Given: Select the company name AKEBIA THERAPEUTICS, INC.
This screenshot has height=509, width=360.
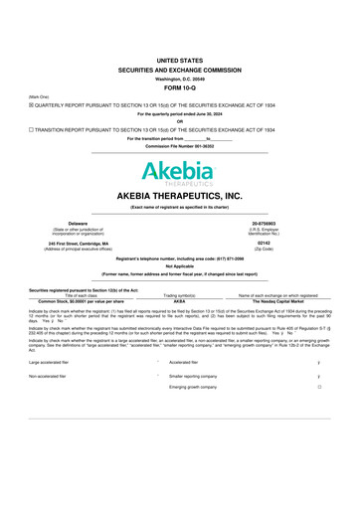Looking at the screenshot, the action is pyautogui.click(x=180, y=195).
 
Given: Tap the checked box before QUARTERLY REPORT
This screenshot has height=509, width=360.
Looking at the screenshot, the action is pyautogui.click(x=32, y=103).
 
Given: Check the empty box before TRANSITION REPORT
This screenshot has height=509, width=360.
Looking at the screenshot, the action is pyautogui.click(x=32, y=130).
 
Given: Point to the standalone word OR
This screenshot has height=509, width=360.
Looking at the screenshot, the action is pyautogui.click(x=180, y=121).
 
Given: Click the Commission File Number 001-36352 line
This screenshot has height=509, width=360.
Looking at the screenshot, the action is pyautogui.click(x=180, y=145).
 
